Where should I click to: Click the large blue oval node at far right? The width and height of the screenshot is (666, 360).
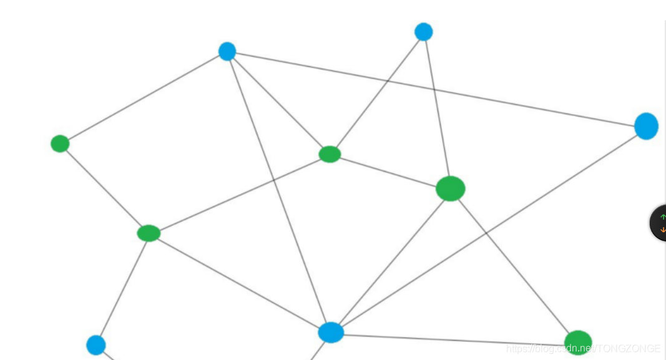[646, 126]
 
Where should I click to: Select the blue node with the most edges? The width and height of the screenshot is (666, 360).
[331, 333]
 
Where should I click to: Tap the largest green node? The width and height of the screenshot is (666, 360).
[450, 188]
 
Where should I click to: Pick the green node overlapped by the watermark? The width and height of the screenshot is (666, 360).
[578, 342]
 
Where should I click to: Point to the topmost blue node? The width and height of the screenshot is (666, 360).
[423, 32]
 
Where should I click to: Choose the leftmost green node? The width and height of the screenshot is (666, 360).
[60, 144]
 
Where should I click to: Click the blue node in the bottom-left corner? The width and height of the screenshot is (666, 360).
[95, 345]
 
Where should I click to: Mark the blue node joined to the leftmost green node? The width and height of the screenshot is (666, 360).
[227, 51]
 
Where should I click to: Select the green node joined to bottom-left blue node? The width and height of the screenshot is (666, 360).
[149, 233]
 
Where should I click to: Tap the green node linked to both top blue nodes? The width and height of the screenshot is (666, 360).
[330, 153]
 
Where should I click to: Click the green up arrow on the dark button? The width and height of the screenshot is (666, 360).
[662, 216]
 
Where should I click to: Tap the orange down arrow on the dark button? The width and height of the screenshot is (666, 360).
[662, 230]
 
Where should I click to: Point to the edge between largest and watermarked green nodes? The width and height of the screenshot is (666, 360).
[514, 265]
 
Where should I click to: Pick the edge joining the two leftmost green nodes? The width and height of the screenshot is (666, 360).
[104, 188]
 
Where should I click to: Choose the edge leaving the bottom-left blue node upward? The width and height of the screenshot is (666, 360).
[122, 288]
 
